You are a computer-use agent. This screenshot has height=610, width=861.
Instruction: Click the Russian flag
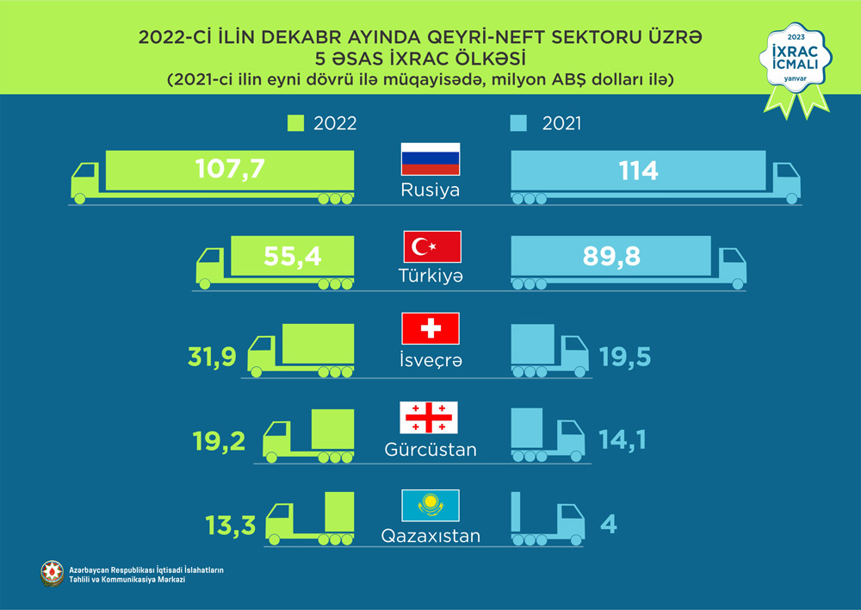[x=430, y=159]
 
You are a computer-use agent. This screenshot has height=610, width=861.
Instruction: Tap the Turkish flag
[x=432, y=247]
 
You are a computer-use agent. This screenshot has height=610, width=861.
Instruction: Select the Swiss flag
[x=430, y=329]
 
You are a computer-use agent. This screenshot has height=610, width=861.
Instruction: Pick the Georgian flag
[x=430, y=418]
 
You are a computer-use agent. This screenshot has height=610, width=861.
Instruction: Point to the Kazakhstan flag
[x=430, y=505]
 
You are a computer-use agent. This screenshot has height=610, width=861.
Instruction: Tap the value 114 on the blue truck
[x=638, y=170]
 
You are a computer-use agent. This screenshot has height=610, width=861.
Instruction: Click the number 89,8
[x=610, y=256]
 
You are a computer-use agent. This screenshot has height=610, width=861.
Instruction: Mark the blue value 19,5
[x=623, y=355]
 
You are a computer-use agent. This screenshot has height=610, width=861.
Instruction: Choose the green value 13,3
[x=230, y=524]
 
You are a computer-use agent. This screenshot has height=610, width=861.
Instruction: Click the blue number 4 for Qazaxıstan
[x=609, y=523]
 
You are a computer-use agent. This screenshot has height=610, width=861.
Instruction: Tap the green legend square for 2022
[x=295, y=124]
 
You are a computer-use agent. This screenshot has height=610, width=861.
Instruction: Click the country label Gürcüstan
[x=430, y=450]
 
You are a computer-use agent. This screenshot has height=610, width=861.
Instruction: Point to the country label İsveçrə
[x=430, y=361]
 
